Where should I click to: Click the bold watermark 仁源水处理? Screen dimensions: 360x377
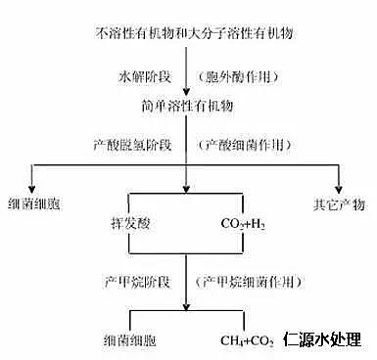pyautogui.click(x=324, y=339)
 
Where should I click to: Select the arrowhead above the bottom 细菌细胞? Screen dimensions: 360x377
pyautogui.click(x=130, y=326)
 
